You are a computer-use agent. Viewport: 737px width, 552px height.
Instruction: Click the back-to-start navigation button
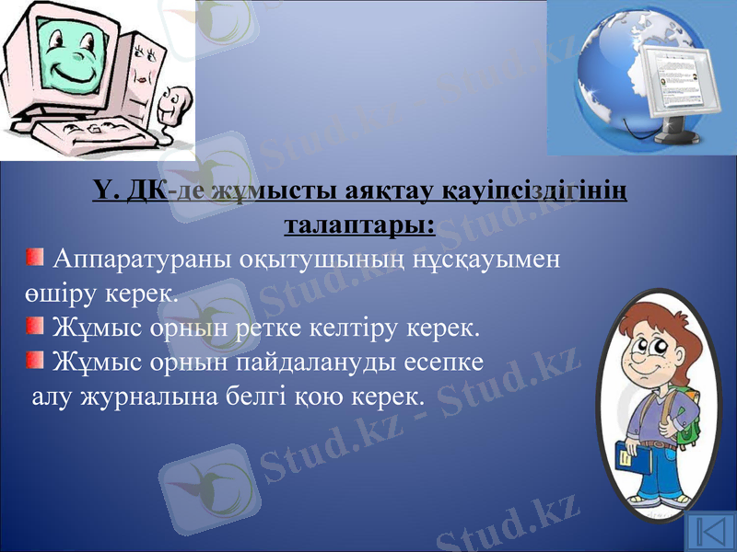click(709, 531)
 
